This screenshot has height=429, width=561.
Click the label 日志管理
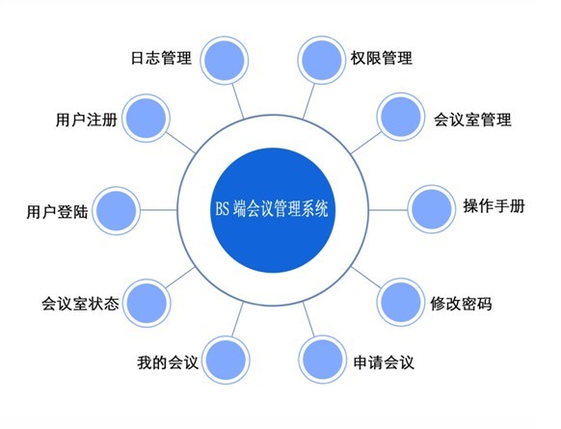(x=161, y=58)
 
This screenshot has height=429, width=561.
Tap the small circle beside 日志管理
(x=225, y=60)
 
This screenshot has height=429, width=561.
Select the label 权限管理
(x=382, y=58)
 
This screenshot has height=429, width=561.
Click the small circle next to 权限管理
(x=322, y=60)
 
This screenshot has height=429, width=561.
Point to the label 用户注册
(x=87, y=120)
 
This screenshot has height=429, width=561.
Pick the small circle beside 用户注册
(x=146, y=118)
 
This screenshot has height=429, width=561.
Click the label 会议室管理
(x=472, y=120)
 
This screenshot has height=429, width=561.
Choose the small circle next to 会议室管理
(x=401, y=117)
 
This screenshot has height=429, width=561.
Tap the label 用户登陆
(x=57, y=212)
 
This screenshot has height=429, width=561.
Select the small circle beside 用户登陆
(x=117, y=211)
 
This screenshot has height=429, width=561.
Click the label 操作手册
(x=494, y=206)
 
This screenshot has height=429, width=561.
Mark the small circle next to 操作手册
(x=432, y=209)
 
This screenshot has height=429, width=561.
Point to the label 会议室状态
(x=80, y=304)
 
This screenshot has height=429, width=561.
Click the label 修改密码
(x=461, y=304)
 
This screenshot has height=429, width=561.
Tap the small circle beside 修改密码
(x=401, y=303)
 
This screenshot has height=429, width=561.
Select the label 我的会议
(x=168, y=362)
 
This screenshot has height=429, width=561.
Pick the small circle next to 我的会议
(x=226, y=360)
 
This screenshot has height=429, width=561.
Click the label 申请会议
(x=384, y=362)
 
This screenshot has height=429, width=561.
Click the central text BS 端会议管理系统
(x=272, y=209)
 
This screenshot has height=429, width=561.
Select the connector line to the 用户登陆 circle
(x=159, y=210)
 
